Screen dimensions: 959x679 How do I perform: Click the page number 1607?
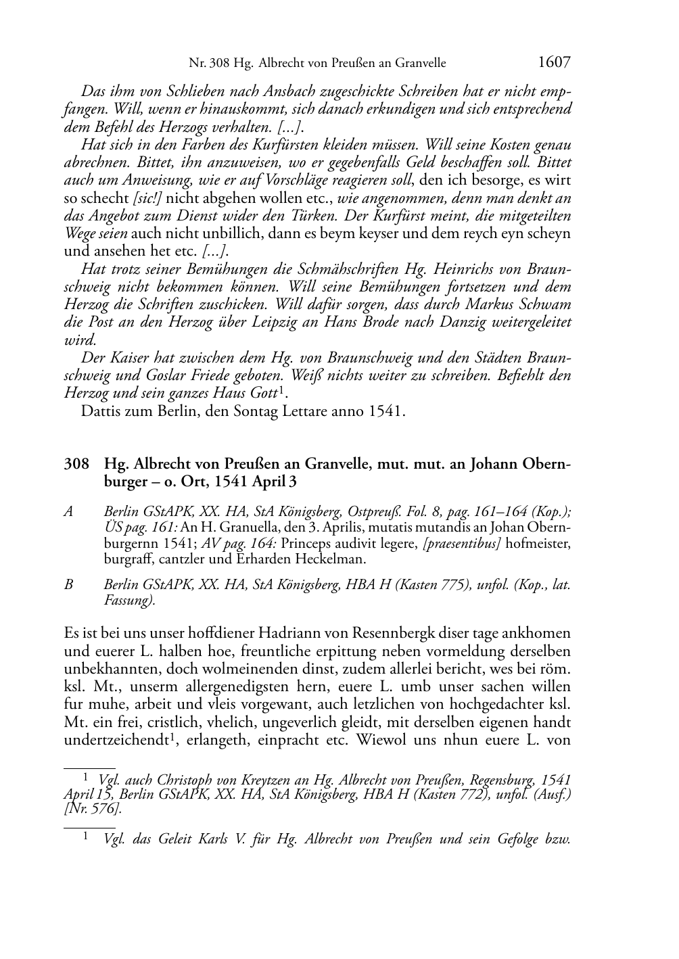tap(554, 63)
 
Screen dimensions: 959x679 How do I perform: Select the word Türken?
tap(314, 216)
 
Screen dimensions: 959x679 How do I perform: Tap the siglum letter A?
tap(68, 512)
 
